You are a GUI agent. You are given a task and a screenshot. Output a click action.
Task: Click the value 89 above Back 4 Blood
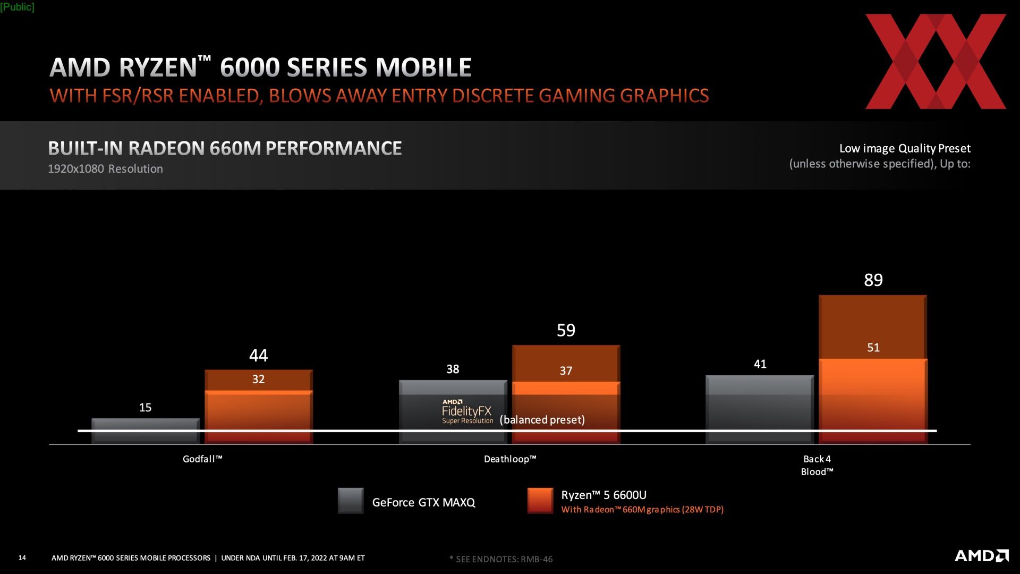tap(873, 280)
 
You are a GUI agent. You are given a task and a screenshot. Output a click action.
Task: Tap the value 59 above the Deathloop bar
tap(566, 331)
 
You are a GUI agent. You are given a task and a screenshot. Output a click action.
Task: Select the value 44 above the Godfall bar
tap(258, 356)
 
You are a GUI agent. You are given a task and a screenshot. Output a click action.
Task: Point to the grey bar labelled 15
tap(145, 430)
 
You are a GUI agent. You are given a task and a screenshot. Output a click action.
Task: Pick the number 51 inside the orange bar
tap(873, 348)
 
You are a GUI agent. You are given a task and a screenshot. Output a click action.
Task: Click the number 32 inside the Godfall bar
tap(258, 379)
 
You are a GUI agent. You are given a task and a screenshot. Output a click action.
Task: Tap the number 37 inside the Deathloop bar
tap(566, 371)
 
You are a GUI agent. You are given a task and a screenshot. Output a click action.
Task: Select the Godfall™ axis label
tap(202, 459)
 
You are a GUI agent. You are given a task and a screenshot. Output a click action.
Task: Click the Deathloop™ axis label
tap(510, 459)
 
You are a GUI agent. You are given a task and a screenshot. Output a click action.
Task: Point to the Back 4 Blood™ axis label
tap(817, 465)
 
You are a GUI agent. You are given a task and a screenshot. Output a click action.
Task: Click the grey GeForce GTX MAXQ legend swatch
tap(351, 501)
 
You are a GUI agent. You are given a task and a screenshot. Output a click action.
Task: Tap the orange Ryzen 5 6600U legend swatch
tap(540, 501)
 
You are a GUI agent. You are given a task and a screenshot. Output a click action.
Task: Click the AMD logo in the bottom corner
tap(981, 556)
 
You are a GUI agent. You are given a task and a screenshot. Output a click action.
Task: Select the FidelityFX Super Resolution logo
tap(467, 412)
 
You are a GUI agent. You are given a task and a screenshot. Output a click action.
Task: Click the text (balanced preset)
tap(542, 420)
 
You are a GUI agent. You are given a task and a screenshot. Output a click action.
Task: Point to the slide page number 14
tap(22, 558)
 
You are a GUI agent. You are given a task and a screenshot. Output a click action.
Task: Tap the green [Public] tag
tap(17, 7)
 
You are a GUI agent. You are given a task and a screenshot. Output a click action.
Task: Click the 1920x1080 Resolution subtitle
tap(105, 169)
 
